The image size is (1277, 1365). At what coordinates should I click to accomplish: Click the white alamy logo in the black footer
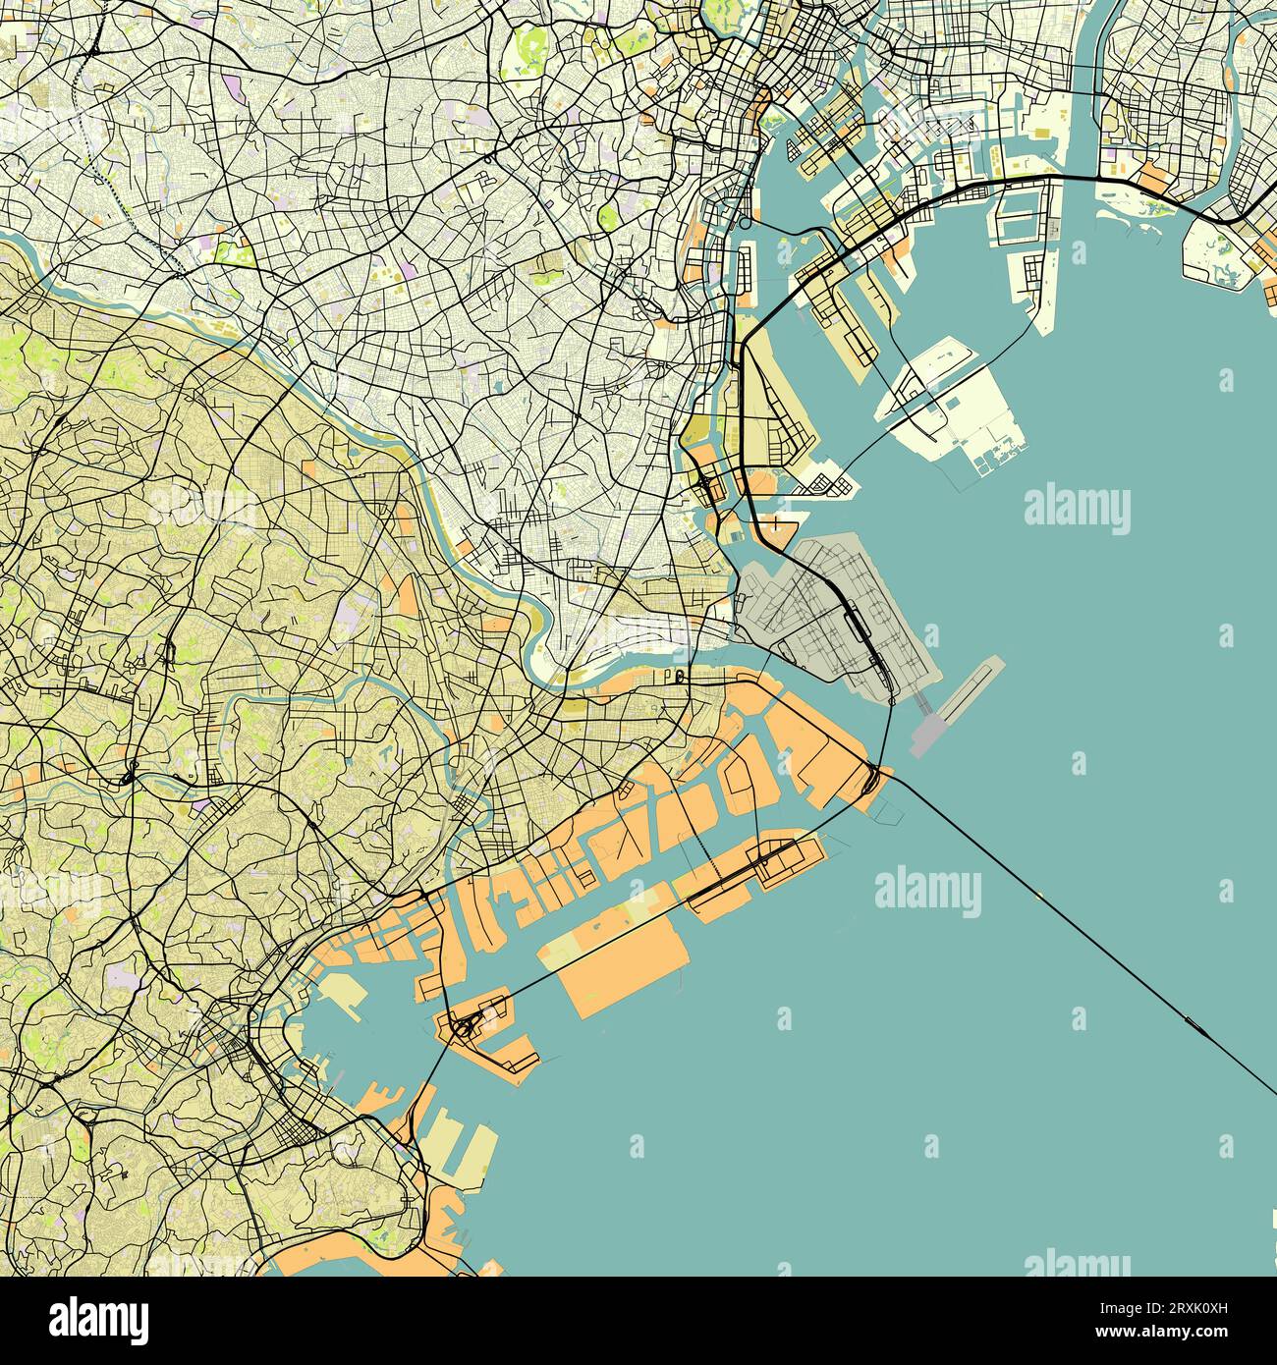click(99, 1319)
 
